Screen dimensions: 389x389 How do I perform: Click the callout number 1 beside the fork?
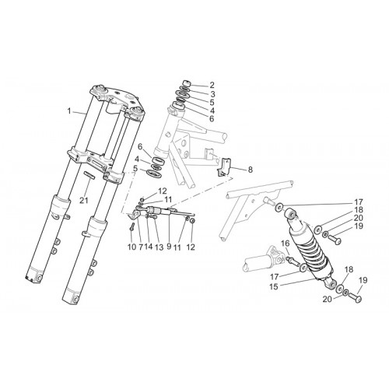[69, 111]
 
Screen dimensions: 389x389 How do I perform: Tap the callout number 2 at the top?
[212, 85]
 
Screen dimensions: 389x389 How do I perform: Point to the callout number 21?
[84, 201]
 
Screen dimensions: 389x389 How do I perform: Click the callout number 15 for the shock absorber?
[274, 287]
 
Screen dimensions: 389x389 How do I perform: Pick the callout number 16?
[286, 244]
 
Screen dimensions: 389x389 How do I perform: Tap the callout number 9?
[169, 247]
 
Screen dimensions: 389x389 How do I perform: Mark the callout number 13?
[159, 247]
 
